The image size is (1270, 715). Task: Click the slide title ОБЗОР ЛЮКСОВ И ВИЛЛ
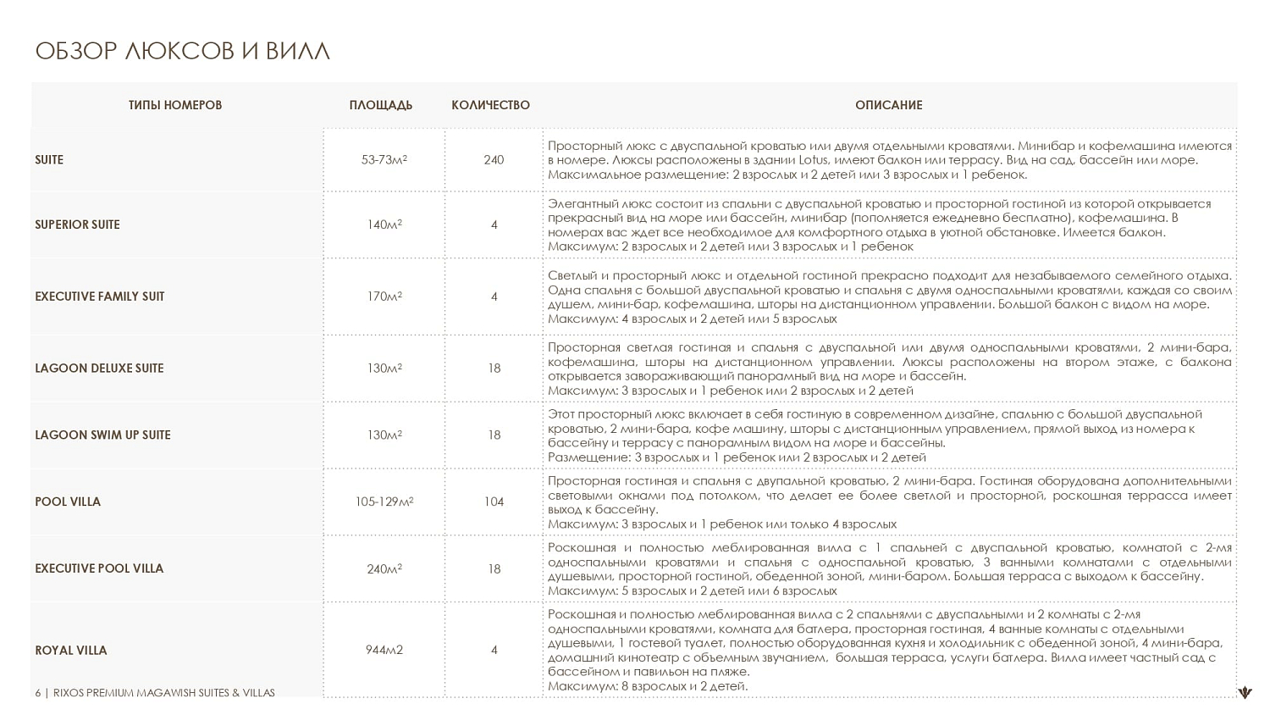[182, 51]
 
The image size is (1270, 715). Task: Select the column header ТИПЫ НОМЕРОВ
[175, 105]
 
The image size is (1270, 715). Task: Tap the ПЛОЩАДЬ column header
[381, 105]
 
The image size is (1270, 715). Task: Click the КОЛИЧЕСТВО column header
[490, 105]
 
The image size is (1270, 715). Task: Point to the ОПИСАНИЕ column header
[888, 105]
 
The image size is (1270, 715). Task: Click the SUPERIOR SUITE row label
[77, 224]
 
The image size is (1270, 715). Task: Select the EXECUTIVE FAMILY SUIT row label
[100, 297]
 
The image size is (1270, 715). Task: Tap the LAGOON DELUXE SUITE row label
[99, 369]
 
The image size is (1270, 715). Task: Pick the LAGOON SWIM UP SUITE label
[102, 435]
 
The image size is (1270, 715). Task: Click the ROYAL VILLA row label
[71, 651]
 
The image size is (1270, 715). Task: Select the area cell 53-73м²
[384, 159]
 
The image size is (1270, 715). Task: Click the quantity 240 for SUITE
[494, 159]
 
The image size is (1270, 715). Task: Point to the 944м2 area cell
[384, 650]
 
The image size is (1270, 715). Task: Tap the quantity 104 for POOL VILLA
[494, 502]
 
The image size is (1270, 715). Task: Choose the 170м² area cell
[384, 297]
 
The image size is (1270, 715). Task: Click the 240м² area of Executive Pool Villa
[384, 568]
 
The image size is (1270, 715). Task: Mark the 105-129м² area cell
[384, 502]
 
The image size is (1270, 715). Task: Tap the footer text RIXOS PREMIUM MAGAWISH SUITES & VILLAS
[164, 693]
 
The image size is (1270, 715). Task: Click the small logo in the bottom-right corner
[1245, 693]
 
